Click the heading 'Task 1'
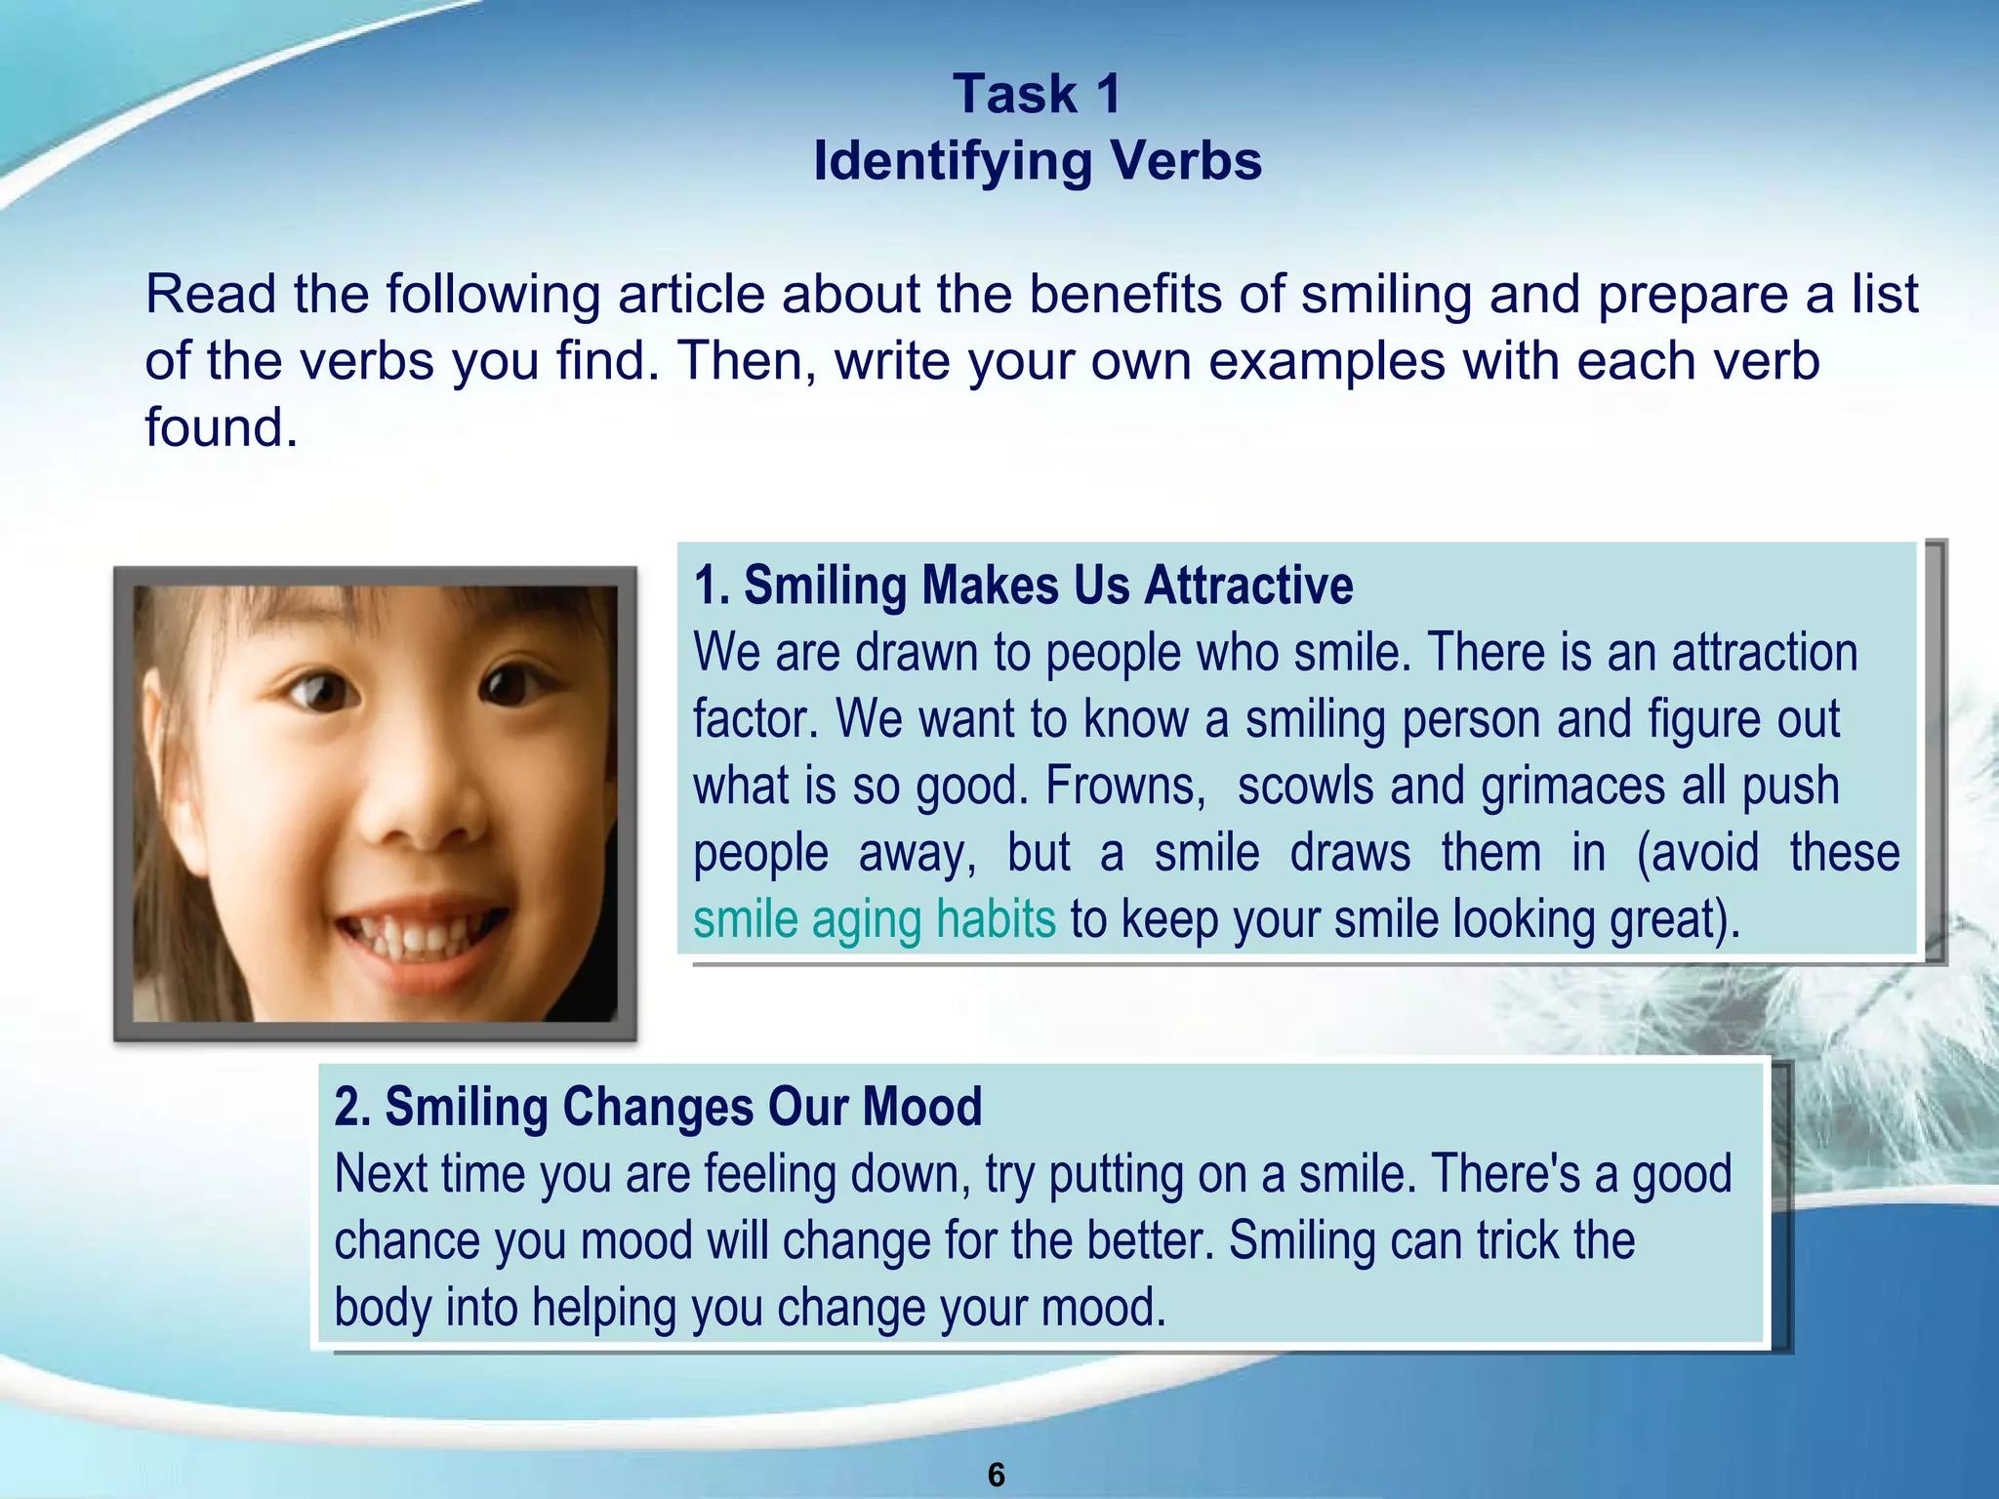[1038, 95]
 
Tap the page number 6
[997, 1474]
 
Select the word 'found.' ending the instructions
[222, 427]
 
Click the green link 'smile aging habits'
[875, 919]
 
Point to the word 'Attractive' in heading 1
[1248, 586]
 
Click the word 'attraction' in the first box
[1765, 653]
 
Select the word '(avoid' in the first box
[1697, 853]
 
